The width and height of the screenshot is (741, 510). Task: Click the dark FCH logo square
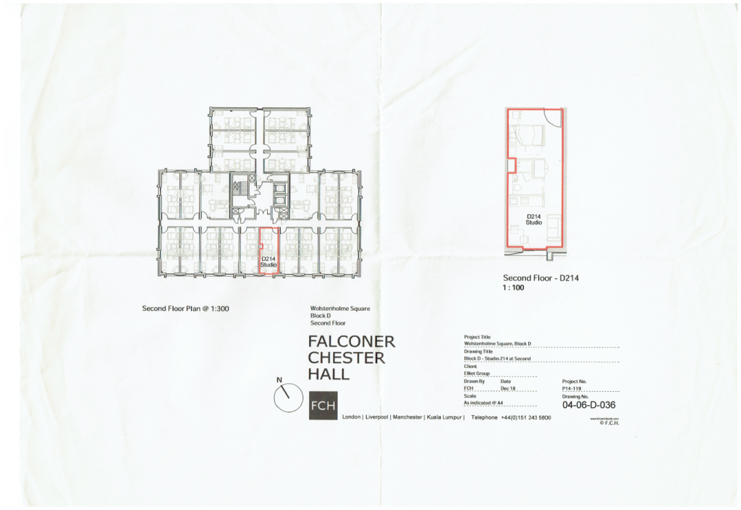323,406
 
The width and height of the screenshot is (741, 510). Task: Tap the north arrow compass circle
287,399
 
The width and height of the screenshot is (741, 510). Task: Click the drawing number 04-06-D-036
588,405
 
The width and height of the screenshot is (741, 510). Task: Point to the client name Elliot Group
476,374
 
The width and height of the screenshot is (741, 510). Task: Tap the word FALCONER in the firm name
352,341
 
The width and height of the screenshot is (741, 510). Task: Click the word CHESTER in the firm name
347,358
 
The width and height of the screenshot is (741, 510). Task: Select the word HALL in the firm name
329,375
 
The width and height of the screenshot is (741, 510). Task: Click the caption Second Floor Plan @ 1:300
185,309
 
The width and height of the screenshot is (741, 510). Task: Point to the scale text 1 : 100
513,288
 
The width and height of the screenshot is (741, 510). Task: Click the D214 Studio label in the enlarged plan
534,220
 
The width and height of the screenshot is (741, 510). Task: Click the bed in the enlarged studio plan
528,135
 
